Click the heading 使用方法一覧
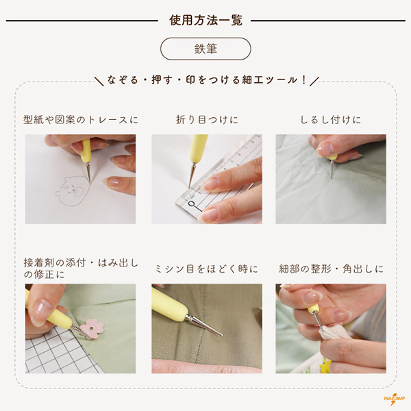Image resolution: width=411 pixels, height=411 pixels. coord(206,21)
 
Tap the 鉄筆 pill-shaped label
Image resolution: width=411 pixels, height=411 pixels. coord(206,49)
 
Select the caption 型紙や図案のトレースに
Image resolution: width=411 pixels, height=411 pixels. coord(81,120)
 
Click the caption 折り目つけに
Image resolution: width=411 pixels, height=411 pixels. coord(207,120)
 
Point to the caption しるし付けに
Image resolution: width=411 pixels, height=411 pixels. coord(331,120)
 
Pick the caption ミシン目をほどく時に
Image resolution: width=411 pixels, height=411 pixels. coord(207,269)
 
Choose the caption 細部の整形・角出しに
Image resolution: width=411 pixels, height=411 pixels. coord(331,269)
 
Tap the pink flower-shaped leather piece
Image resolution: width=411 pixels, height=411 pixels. coord(92,329)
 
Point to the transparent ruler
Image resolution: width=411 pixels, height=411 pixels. coord(219,178)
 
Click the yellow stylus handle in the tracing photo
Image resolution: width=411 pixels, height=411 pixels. coord(86,151)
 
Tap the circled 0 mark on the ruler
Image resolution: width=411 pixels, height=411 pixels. coord(192,203)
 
